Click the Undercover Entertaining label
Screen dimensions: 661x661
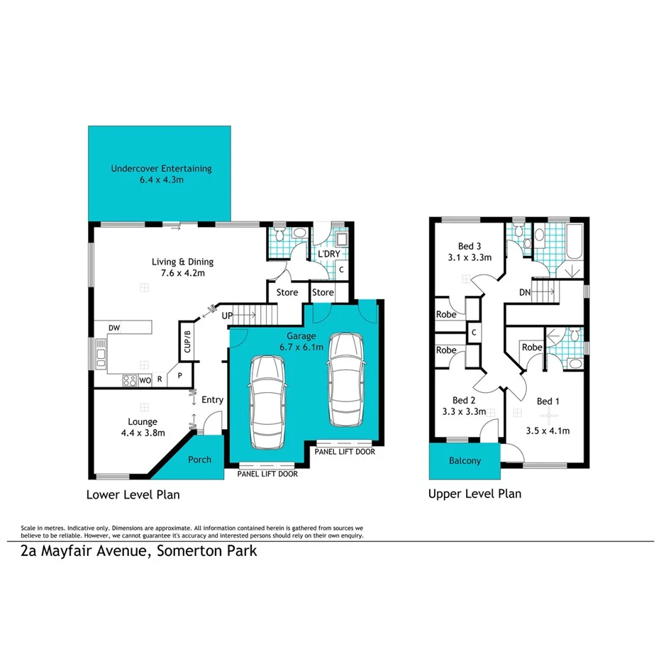click(x=161, y=169)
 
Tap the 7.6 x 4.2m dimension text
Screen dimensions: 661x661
click(x=182, y=272)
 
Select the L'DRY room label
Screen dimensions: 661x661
click(x=328, y=254)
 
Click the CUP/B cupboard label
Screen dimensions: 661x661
click(x=188, y=341)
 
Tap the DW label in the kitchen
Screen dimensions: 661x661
click(x=113, y=328)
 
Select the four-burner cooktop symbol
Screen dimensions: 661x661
click(x=130, y=380)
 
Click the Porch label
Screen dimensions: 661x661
click(x=199, y=460)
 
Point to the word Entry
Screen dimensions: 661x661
click(x=212, y=400)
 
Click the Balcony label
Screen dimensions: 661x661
click(x=465, y=461)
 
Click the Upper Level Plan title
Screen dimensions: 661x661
click(x=474, y=494)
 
